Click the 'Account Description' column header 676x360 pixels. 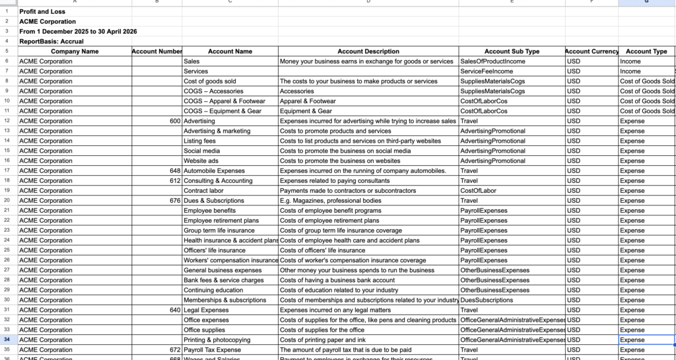tap(368, 52)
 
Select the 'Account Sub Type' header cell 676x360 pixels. tap(512, 52)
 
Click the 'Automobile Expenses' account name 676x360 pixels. tap(214, 170)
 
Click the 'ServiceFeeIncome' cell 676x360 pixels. tap(486, 71)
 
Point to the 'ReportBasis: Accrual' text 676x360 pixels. tap(51, 41)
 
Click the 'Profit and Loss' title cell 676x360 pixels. tap(42, 11)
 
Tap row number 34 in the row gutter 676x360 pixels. tap(7, 340)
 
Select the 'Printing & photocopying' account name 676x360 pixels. tap(217, 340)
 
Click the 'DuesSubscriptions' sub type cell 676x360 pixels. tap(487, 300)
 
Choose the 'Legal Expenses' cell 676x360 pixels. tap(206, 310)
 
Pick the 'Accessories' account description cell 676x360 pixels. tap(296, 91)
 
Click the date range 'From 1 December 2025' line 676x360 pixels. tap(78, 31)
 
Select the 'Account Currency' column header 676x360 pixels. tap(591, 52)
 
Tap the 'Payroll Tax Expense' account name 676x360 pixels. tap(212, 349)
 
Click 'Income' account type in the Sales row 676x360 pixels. tap(630, 61)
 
